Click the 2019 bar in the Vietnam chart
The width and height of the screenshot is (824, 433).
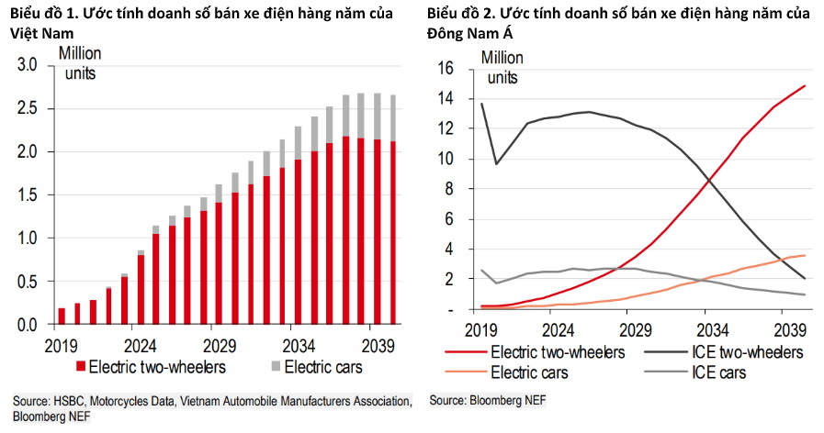62,316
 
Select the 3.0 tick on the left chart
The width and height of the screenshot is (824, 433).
27,65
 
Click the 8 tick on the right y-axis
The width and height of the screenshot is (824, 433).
450,189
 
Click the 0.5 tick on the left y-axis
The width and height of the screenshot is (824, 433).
27,281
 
